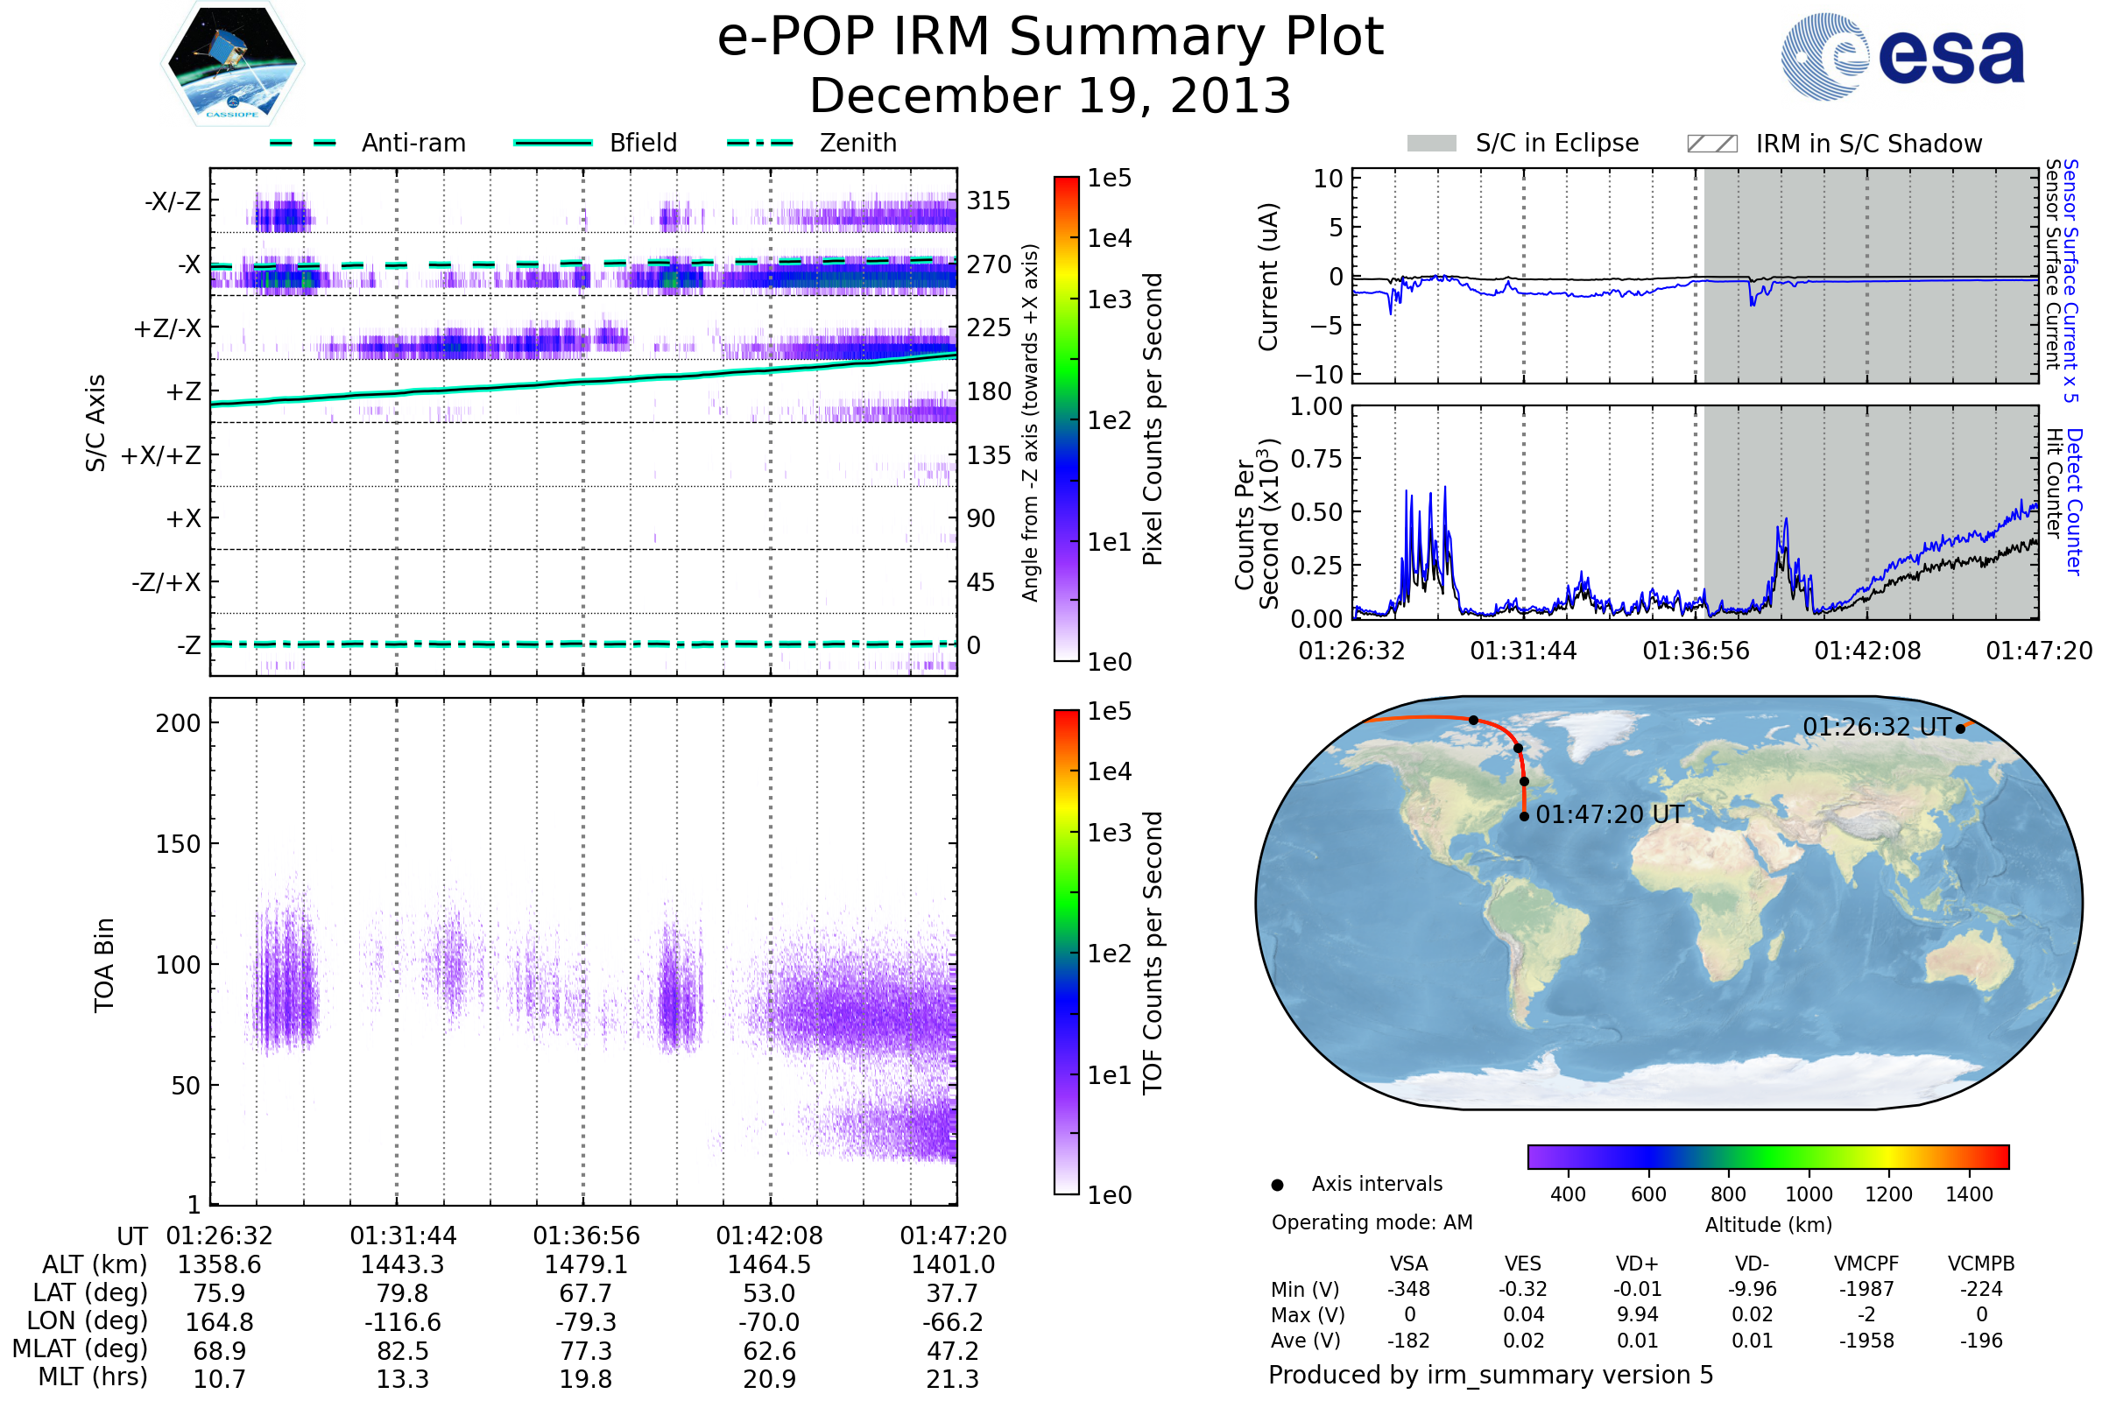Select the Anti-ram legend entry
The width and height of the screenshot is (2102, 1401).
click(367, 143)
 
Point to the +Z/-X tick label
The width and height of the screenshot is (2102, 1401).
click(167, 329)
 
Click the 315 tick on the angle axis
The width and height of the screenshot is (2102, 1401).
click(988, 201)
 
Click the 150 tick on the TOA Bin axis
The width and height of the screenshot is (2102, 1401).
click(178, 844)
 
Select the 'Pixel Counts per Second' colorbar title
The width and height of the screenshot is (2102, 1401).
click(1153, 419)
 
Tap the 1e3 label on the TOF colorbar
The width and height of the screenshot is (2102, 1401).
click(1109, 833)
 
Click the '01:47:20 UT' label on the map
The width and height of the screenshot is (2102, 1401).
click(1609, 815)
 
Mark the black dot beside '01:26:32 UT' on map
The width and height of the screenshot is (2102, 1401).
click(1960, 729)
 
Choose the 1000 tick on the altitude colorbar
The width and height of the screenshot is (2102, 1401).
click(1808, 1194)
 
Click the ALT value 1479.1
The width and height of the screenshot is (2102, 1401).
click(585, 1264)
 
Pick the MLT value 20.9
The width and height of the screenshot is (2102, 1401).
click(769, 1378)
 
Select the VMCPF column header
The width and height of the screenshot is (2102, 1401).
click(1866, 1264)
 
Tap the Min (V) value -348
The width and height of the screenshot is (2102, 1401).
click(1408, 1289)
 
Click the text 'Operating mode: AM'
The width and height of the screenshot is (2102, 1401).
click(1372, 1222)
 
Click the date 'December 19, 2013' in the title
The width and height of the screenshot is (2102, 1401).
click(1050, 95)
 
